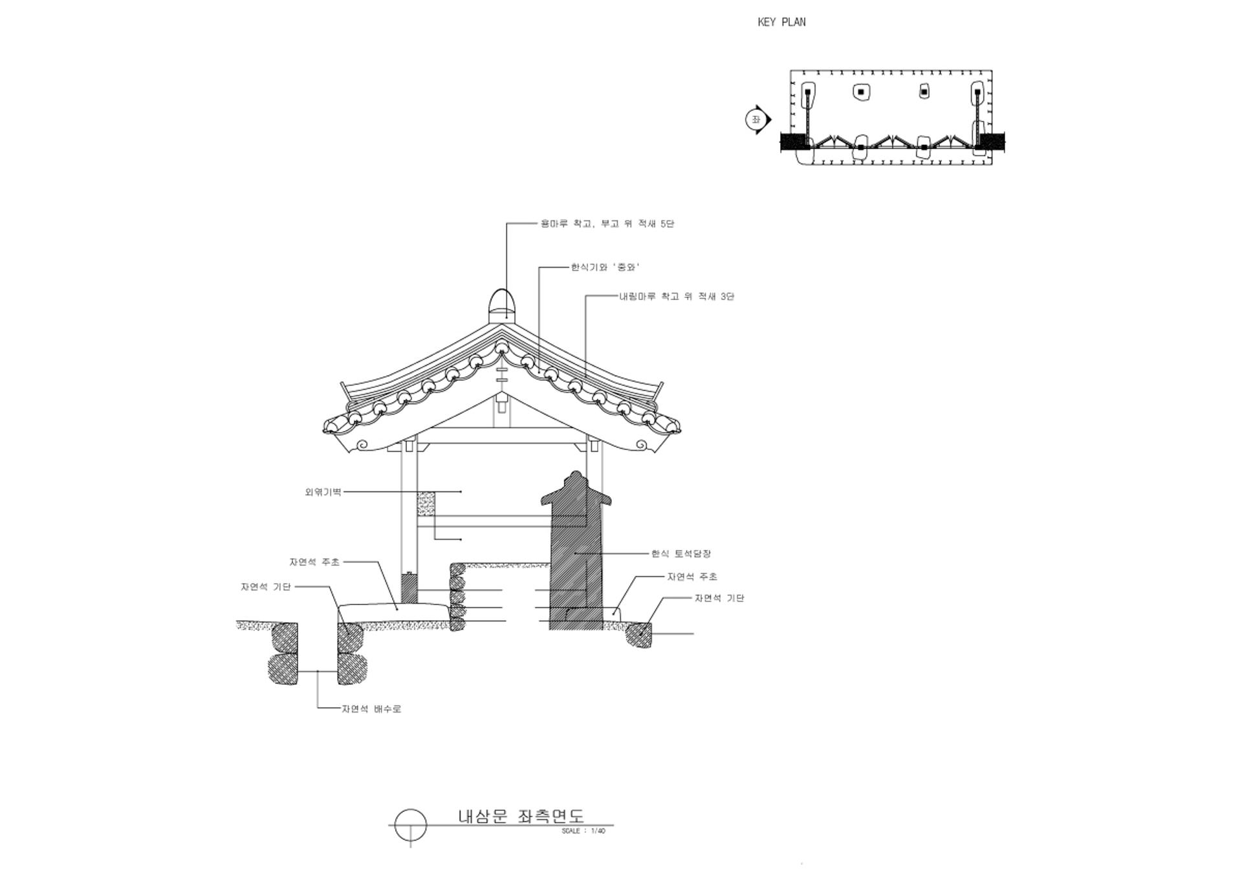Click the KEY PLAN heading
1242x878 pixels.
coord(781,22)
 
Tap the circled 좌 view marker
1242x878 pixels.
coord(756,120)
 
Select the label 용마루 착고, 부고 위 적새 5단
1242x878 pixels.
coord(607,224)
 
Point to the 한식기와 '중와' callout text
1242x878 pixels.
coord(605,267)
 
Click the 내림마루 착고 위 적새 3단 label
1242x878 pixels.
coord(677,297)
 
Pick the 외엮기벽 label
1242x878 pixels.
coord(323,492)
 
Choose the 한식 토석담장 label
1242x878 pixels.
coord(681,554)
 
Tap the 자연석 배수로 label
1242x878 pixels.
coord(371,709)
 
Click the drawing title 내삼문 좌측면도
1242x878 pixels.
coord(521,816)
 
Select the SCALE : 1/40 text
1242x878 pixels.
coord(583,831)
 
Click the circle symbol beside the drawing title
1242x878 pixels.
coord(411,826)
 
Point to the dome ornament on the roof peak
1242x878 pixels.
coord(501,304)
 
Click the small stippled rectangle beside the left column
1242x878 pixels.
coord(426,504)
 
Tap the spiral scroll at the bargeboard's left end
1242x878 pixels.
coord(362,445)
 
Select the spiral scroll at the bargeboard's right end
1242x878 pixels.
coord(641,445)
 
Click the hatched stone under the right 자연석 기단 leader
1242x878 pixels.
coord(640,634)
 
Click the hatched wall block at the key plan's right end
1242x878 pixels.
coord(992,142)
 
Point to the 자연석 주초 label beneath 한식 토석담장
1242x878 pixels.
coord(692,577)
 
